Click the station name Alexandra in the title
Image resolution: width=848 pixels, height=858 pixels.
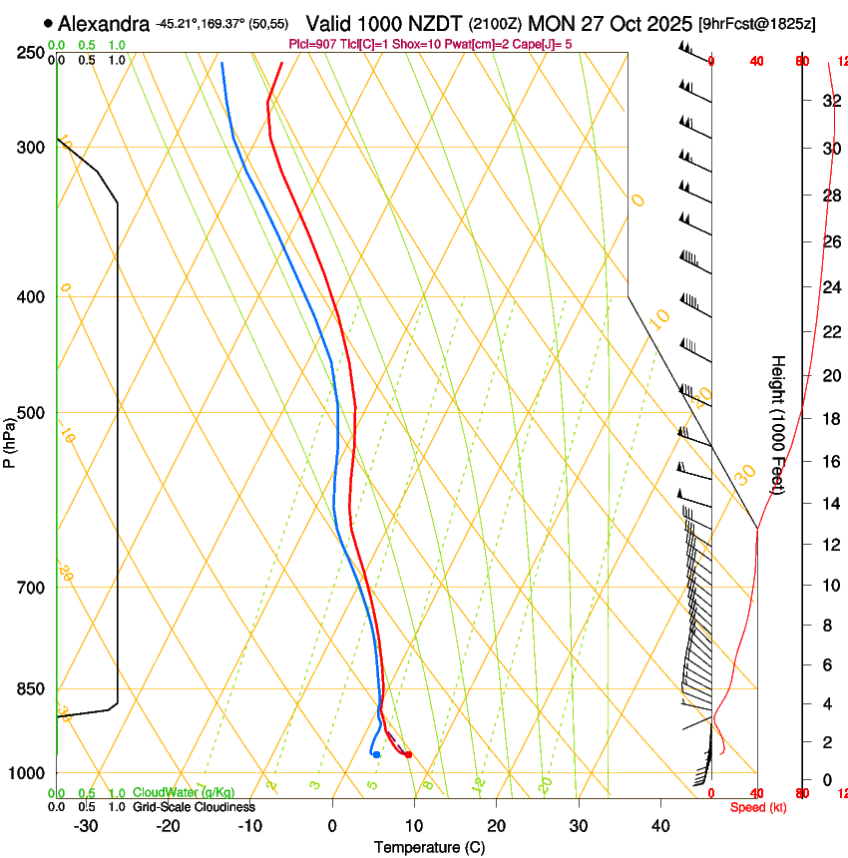[104, 23]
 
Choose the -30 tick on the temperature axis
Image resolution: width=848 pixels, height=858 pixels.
[87, 825]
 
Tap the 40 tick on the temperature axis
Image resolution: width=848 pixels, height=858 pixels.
[659, 825]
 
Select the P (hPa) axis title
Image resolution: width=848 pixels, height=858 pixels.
[9, 442]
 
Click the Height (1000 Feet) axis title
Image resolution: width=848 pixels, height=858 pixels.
[778, 424]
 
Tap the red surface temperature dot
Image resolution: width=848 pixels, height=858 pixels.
[408, 754]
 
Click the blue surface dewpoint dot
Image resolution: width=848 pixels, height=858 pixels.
[376, 754]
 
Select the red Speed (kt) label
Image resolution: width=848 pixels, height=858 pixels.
[757, 807]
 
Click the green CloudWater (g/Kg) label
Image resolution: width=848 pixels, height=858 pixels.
[184, 793]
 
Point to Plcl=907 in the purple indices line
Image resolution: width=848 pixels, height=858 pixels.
[311, 44]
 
